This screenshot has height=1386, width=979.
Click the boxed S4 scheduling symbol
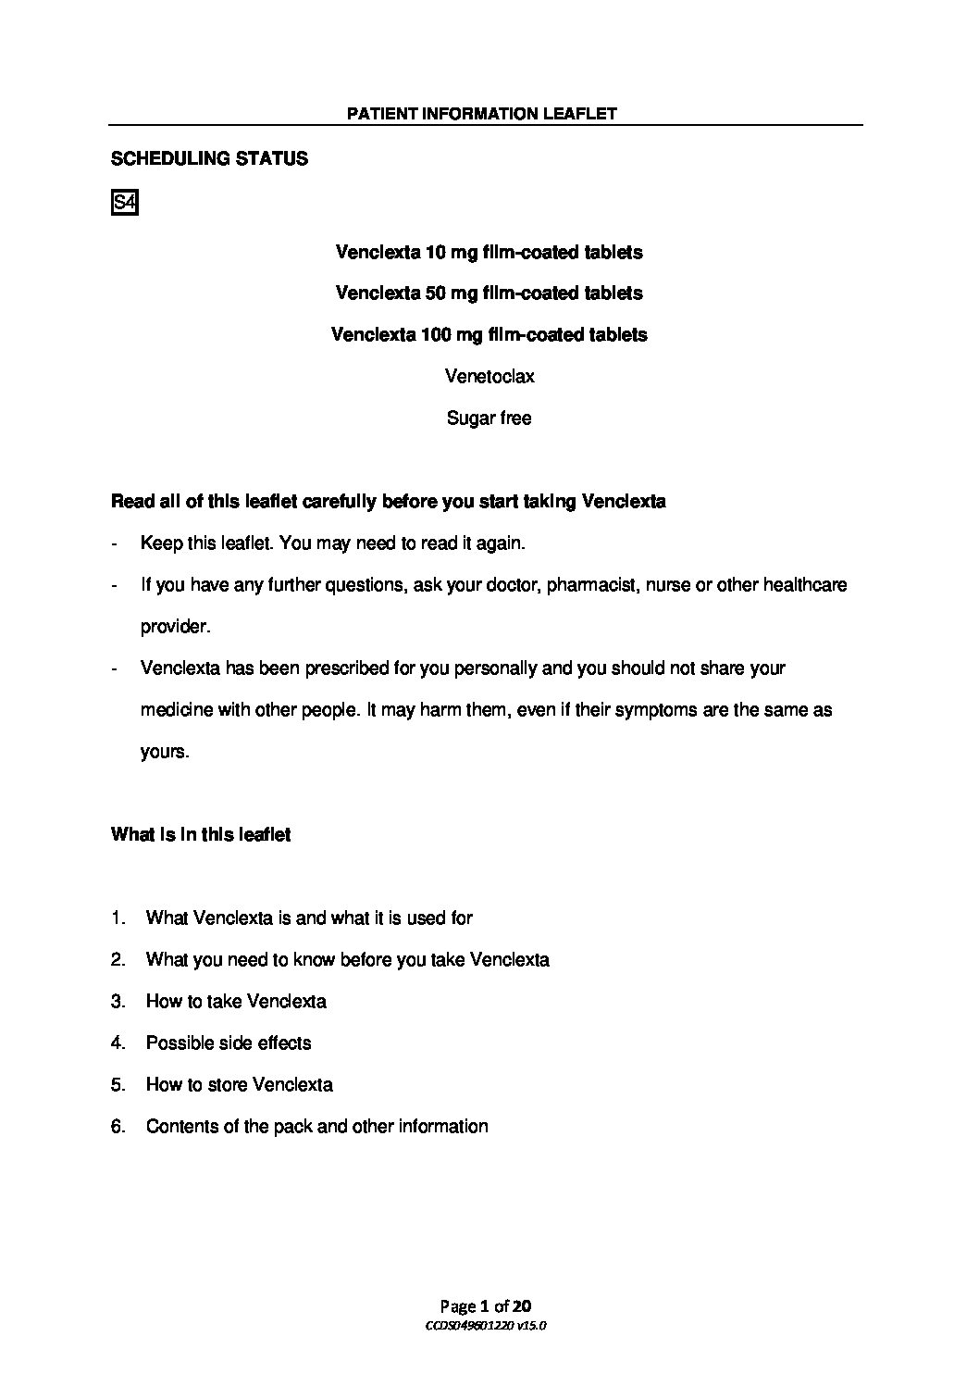124,203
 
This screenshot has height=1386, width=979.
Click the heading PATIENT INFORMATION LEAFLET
481,114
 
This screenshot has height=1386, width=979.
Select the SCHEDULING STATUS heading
209,158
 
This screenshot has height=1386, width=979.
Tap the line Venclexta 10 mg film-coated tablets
489,252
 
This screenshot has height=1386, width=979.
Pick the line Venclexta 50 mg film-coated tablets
489,293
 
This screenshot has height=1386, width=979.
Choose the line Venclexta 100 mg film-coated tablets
489,334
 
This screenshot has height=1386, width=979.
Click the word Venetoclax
489,377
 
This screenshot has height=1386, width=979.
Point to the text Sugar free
489,418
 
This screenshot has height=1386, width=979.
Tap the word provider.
175,627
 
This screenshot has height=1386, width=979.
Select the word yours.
165,752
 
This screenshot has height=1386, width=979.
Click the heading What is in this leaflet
201,835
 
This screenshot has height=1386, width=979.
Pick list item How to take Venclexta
236,1002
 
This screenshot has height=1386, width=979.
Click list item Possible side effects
229,1043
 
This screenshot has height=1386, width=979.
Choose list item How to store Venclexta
240,1085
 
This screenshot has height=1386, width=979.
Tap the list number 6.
118,1127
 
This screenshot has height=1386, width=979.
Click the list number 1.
117,918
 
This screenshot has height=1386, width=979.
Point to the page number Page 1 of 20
486,1306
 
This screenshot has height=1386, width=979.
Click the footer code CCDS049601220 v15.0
486,1326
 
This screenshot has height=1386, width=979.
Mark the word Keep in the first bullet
158,543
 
